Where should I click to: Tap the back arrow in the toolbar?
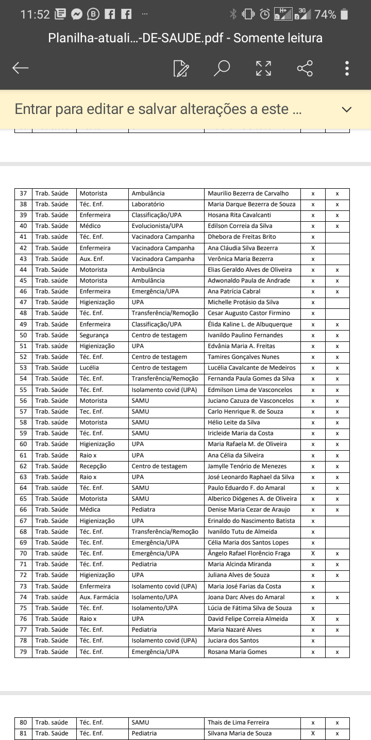pos(21,68)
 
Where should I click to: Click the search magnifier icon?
pos(222,68)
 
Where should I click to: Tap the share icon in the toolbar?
pos(305,68)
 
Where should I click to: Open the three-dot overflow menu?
pos(347,68)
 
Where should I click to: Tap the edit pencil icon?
pos(181,68)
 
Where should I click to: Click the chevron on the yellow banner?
pos(347,109)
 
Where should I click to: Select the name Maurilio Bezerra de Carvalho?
pos(248,193)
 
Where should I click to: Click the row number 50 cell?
pos(23,335)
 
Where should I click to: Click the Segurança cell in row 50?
pos(94,335)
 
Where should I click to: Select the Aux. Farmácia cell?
pos(99,597)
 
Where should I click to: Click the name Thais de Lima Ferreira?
pos(238,722)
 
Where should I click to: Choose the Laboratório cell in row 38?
pos(148,204)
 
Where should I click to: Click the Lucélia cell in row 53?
pos(89,368)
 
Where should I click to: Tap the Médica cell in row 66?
pos(90,509)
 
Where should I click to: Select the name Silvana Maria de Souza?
pos(240,733)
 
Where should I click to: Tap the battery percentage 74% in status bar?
pos(325,15)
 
